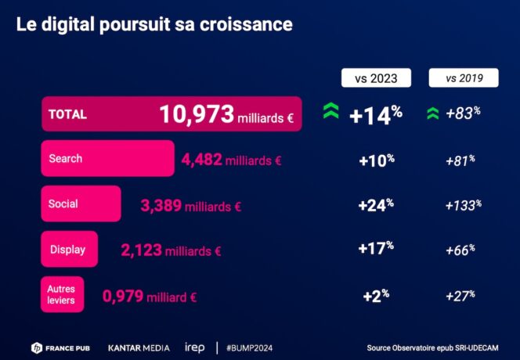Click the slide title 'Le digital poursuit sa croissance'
pyautogui.click(x=154, y=25)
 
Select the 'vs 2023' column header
pyautogui.click(x=377, y=78)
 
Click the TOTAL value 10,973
pyautogui.click(x=197, y=115)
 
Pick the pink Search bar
pyautogui.click(x=107, y=159)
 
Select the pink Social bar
pyautogui.click(x=81, y=204)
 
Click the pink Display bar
pyautogui.click(x=69, y=250)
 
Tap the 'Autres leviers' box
pyautogui.click(x=63, y=294)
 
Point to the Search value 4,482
pyautogui.click(x=201, y=160)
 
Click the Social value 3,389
pyautogui.click(x=161, y=206)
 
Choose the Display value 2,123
pyautogui.click(x=142, y=250)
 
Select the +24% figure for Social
pyautogui.click(x=376, y=205)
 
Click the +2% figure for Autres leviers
pyautogui.click(x=376, y=296)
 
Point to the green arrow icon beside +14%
pyautogui.click(x=330, y=112)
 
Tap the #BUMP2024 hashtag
pyautogui.click(x=249, y=347)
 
